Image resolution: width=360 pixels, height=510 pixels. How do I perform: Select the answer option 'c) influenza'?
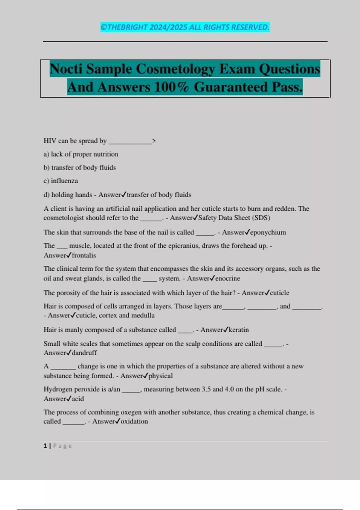click(x=61, y=181)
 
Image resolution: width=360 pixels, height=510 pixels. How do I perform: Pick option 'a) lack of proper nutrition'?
click(x=81, y=154)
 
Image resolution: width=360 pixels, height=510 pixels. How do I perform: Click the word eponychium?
click(x=268, y=232)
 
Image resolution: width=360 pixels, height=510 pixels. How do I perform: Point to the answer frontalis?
click(x=84, y=255)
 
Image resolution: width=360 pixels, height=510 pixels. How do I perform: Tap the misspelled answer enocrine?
click(x=228, y=278)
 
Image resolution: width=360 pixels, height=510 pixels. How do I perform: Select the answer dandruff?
click(x=84, y=353)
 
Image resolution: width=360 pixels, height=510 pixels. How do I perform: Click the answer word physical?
click(x=160, y=376)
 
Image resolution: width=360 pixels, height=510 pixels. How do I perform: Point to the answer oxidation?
click(x=134, y=421)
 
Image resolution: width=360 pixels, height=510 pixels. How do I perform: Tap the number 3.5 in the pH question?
click(x=206, y=389)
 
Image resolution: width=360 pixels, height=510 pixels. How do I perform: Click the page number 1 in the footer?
click(x=45, y=446)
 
